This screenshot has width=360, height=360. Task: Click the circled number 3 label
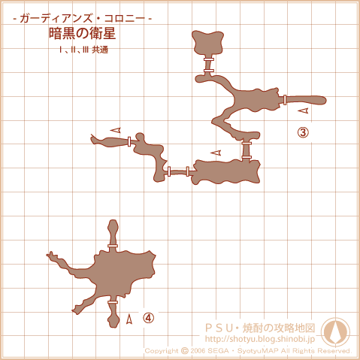[303, 132]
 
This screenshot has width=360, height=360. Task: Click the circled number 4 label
[148, 318]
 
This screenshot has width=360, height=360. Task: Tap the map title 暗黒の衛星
[82, 33]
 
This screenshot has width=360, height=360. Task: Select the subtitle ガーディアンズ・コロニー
[82, 19]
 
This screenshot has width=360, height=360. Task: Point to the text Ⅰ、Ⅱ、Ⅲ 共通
[83, 50]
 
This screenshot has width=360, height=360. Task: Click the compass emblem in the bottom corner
[335, 331]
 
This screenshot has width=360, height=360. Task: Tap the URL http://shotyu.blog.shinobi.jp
[260, 339]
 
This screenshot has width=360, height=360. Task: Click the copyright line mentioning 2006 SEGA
[248, 351]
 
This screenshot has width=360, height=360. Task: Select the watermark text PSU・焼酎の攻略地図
[260, 328]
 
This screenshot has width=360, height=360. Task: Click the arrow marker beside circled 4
[129, 319]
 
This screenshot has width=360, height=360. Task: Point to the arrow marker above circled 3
[304, 110]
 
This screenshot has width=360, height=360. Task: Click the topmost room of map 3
[207, 42]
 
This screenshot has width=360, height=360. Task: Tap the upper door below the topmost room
[209, 59]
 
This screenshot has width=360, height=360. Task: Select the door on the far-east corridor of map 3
[285, 100]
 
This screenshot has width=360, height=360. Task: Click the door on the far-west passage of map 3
[129, 141]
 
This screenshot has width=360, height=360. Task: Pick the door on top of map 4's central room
[113, 246]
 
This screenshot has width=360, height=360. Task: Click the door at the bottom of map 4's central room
[113, 302]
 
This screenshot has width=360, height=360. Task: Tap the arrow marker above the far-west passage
[116, 130]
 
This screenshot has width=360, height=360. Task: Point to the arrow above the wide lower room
[216, 153]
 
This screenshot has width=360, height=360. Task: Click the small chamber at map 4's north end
[113, 231]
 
